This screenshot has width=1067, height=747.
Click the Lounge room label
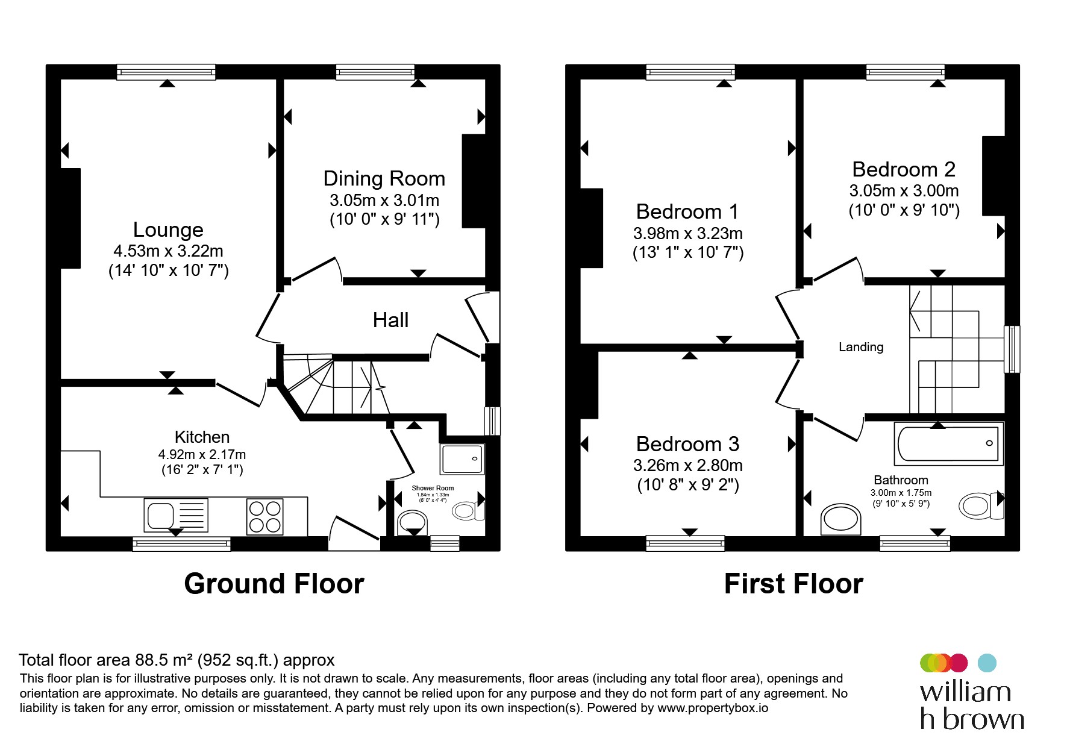(x=168, y=230)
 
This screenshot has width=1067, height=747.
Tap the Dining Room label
(x=384, y=178)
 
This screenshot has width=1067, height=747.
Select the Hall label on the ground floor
(x=390, y=320)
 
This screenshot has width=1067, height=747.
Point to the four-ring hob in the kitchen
(x=265, y=516)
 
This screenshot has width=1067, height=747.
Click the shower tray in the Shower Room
(x=462, y=459)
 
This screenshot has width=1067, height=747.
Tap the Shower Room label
(x=433, y=488)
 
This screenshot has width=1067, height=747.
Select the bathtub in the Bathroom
(x=949, y=444)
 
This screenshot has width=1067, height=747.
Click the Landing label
(x=861, y=347)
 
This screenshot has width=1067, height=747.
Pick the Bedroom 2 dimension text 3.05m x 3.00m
(x=904, y=191)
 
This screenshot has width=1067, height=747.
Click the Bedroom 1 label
(x=687, y=211)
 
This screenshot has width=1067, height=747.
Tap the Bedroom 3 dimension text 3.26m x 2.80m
(x=687, y=466)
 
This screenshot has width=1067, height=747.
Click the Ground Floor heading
(x=274, y=584)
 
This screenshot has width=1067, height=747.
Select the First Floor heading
(x=793, y=584)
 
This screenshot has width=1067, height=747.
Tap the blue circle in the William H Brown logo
(x=986, y=663)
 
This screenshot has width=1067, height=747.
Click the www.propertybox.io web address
(x=713, y=708)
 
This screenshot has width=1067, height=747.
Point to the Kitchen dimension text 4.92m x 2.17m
(x=202, y=455)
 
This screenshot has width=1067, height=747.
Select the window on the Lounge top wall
(x=166, y=72)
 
